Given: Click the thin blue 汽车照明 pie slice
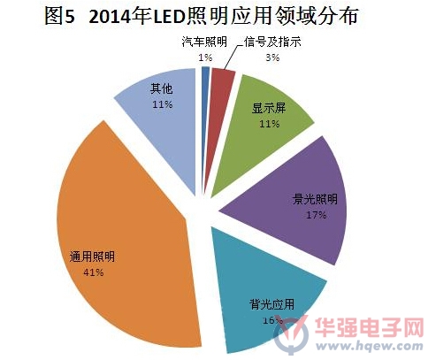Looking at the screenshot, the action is (x=205, y=118).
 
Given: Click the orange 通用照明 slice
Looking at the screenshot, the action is (x=126, y=236).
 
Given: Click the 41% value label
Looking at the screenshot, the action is (x=93, y=272).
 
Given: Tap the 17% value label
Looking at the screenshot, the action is (x=316, y=215).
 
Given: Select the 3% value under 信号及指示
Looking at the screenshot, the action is (x=272, y=57).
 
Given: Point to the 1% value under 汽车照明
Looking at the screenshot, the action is (x=205, y=57).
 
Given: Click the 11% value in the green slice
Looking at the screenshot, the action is (x=269, y=124).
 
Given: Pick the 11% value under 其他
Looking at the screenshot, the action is (x=163, y=104).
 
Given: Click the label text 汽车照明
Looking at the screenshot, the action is (x=204, y=42).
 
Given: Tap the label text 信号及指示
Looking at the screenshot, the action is (x=272, y=42).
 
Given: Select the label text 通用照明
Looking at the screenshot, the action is (x=92, y=257).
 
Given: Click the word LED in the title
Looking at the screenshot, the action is (x=170, y=17).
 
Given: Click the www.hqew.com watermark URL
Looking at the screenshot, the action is (x=369, y=345).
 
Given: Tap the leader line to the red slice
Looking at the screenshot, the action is (x=231, y=57).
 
